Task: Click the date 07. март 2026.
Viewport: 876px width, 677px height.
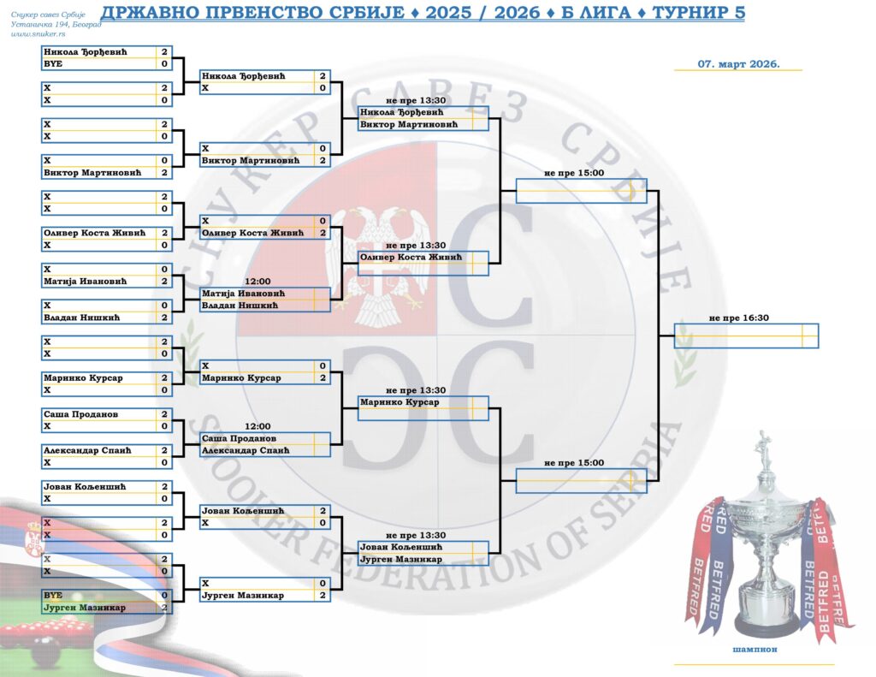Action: tap(738, 63)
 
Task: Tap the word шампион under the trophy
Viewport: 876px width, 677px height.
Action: tap(753, 650)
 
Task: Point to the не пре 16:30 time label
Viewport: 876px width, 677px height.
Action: tap(739, 318)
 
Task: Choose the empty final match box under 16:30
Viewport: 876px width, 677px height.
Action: tap(745, 336)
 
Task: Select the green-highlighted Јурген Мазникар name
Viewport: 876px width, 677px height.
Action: tap(85, 608)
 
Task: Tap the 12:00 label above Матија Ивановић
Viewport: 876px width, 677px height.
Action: tap(257, 281)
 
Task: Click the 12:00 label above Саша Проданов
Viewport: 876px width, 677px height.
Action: tap(257, 426)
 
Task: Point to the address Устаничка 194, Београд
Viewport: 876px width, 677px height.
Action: tap(56, 24)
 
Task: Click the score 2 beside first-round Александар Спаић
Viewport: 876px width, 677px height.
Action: tap(164, 450)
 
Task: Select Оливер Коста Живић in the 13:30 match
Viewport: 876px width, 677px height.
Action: tap(411, 258)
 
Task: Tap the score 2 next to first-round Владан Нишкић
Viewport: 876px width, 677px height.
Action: tap(164, 318)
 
